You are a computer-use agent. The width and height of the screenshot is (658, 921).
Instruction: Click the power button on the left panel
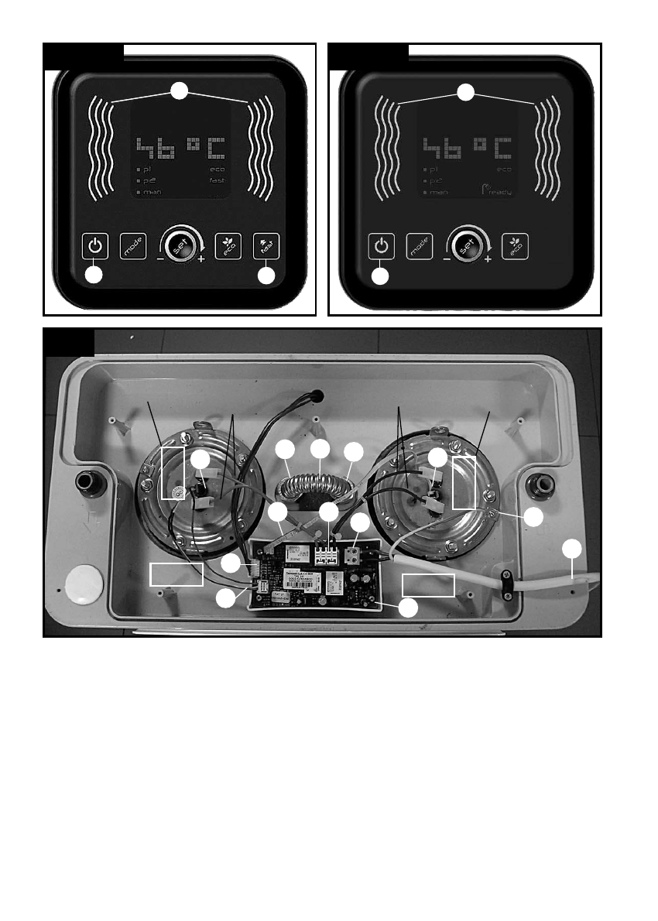tap(94, 246)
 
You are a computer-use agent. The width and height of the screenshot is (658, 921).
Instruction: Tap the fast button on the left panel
tap(266, 246)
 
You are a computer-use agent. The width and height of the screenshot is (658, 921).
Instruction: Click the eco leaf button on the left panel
tap(228, 246)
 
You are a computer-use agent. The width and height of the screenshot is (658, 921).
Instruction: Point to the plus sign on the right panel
tap(488, 260)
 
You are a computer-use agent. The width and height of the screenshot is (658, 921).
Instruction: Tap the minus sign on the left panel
tap(159, 260)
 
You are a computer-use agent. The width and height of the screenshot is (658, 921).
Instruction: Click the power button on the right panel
tap(380, 246)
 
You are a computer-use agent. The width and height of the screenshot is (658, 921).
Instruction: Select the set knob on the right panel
tap(466, 245)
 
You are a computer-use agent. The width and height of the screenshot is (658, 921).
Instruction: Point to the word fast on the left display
tap(216, 180)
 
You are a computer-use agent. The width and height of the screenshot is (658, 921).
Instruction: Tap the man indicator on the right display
tap(439, 191)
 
